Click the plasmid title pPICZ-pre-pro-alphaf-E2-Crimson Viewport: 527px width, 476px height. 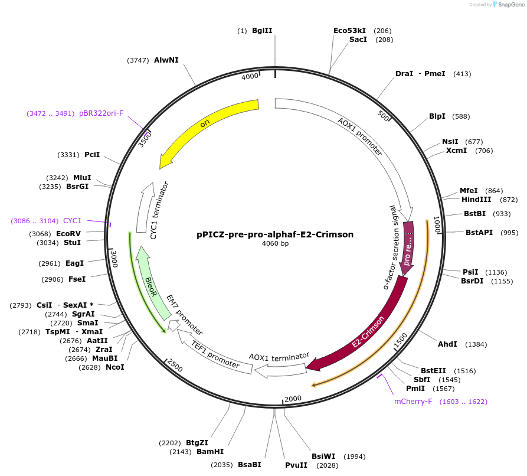(x=275, y=234)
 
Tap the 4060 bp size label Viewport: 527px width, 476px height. (x=275, y=243)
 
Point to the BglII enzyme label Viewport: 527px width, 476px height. (x=262, y=31)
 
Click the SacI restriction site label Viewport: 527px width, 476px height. (x=358, y=40)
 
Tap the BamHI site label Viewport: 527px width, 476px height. (x=210, y=452)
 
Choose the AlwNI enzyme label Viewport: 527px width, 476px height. (x=166, y=60)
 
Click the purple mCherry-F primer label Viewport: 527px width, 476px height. (x=413, y=402)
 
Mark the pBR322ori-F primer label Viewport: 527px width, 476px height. (x=101, y=113)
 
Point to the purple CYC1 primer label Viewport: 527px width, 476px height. (x=72, y=221)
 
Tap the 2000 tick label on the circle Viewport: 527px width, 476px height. (x=293, y=399)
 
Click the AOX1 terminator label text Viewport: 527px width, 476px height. (x=279, y=357)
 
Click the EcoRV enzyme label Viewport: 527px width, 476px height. (x=68, y=234)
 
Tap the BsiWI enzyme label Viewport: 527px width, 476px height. (x=323, y=457)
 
